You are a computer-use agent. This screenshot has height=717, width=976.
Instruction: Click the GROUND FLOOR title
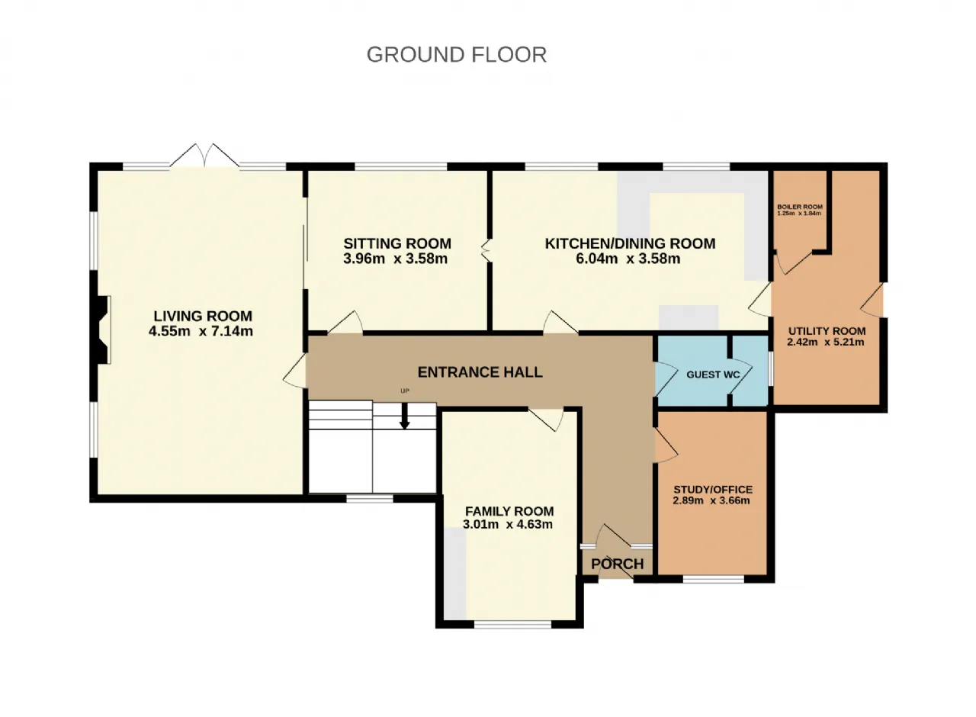coord(457,55)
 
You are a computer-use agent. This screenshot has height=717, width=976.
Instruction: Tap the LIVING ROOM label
coord(203,316)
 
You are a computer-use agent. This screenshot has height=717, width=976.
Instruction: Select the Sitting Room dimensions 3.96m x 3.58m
coord(395,259)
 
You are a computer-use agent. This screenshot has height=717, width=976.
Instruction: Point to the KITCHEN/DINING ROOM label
coord(630,243)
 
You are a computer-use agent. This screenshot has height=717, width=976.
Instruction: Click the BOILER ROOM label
coord(800,207)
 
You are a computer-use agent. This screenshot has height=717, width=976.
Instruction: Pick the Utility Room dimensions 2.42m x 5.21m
coord(825,342)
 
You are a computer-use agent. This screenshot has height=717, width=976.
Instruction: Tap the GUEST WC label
coord(713,375)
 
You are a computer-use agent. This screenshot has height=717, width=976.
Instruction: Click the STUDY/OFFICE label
coord(713,490)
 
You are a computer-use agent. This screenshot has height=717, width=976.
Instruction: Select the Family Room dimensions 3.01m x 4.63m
coord(508,524)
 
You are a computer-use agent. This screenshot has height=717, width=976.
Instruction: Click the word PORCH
coord(618,564)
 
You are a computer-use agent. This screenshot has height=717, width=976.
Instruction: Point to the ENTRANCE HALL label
coord(480,372)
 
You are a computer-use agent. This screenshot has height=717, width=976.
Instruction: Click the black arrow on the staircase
coord(405,416)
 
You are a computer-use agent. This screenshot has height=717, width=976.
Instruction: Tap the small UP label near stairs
coord(405,391)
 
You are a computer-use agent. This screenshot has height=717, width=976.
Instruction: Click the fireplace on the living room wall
coord(103,330)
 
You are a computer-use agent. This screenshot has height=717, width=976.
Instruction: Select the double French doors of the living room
coord(204,156)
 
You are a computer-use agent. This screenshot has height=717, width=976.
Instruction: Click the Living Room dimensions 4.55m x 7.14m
coord(201,331)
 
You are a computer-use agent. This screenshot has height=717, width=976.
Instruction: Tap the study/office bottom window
coord(713,579)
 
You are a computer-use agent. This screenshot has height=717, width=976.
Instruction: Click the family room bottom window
coord(513,625)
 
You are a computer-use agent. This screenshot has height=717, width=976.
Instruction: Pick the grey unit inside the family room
coord(455,574)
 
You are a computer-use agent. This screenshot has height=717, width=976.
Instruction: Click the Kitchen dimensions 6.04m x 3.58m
coord(628,259)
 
